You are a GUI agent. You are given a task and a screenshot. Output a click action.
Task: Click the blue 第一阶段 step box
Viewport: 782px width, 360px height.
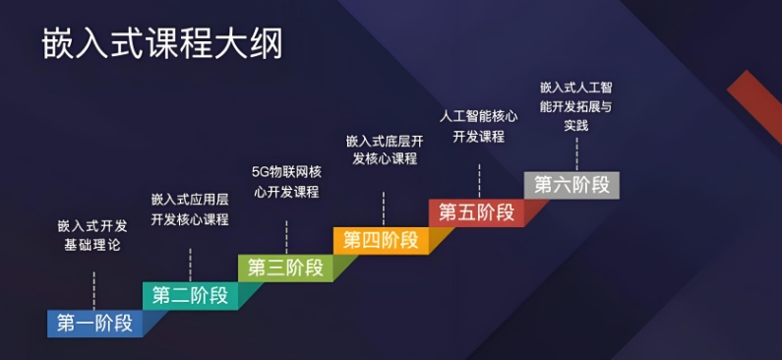coord(94,323)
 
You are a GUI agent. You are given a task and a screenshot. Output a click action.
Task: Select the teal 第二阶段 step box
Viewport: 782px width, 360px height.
coord(190,295)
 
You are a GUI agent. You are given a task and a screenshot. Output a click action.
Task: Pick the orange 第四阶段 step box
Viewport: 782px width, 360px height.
coord(381,240)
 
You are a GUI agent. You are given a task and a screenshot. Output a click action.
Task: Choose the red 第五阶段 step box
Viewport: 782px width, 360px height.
coord(476,212)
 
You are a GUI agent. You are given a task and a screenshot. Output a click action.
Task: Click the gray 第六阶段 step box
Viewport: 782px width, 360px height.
coord(571,185)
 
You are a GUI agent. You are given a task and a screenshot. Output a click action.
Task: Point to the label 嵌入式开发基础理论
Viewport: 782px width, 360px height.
coord(92,235)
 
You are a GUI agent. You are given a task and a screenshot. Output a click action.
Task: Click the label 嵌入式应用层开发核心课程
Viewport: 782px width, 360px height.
coord(190,209)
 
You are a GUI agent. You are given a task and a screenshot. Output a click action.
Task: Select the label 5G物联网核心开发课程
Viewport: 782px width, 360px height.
coord(285,181)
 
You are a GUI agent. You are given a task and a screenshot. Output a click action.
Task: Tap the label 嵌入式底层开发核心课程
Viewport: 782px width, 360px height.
coord(383,150)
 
